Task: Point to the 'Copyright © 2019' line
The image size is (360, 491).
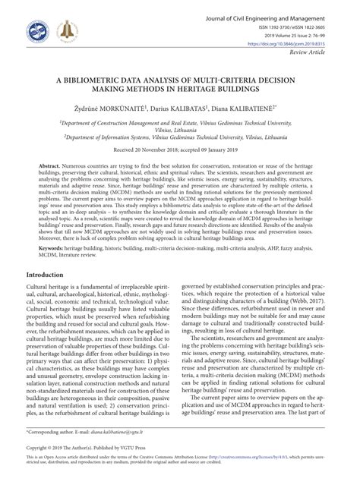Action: (x=49, y=464)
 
